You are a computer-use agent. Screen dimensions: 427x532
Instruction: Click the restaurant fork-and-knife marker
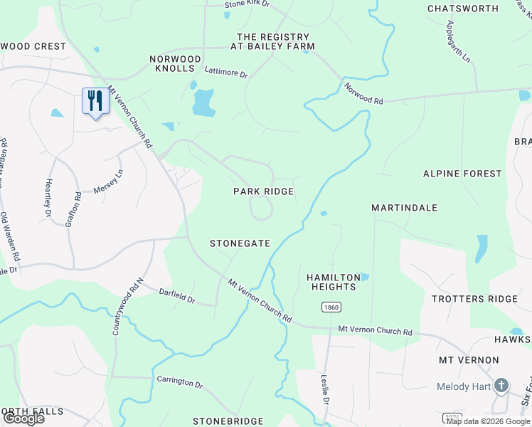click(x=95, y=100)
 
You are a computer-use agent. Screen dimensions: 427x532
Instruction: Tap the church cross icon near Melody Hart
click(x=501, y=386)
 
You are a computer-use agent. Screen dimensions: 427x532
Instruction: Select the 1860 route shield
click(x=331, y=307)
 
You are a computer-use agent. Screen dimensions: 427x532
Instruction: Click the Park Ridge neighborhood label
click(x=264, y=191)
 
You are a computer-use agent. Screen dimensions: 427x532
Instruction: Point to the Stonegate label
click(x=240, y=243)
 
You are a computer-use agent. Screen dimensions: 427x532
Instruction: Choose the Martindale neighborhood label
click(x=404, y=208)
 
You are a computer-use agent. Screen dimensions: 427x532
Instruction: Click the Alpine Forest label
click(x=462, y=174)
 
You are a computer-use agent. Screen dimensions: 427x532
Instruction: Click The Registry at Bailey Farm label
click(x=273, y=41)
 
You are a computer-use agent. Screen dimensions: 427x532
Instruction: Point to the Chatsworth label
click(x=462, y=9)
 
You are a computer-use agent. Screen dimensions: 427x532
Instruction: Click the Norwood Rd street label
click(x=363, y=94)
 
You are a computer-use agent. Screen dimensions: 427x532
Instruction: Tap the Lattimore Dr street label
click(x=225, y=73)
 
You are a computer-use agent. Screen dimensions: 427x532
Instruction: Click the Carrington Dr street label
click(x=180, y=382)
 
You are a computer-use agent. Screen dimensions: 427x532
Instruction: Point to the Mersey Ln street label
click(x=108, y=182)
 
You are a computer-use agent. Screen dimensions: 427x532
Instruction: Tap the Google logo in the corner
click(x=23, y=418)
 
